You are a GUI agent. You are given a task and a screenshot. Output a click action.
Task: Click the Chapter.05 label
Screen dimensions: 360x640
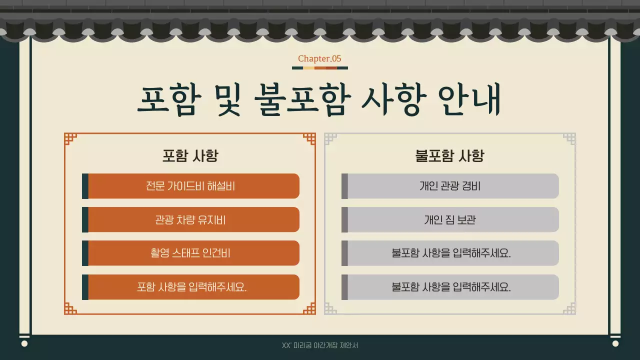point(319,58)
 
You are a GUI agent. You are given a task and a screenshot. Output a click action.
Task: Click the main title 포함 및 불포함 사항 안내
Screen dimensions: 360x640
point(319,100)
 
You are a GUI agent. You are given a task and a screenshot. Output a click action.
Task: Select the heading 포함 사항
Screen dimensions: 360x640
point(190,156)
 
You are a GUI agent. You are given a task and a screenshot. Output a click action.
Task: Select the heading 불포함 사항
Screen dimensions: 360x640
point(449,156)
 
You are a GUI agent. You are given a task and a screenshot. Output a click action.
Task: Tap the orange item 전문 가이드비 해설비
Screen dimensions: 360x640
point(190,186)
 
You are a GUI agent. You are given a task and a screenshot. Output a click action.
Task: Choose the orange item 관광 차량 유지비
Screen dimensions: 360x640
point(190,219)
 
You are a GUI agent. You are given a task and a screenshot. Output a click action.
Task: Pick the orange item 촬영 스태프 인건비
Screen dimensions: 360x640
point(190,253)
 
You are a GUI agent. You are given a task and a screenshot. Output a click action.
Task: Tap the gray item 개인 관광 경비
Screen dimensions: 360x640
point(450,186)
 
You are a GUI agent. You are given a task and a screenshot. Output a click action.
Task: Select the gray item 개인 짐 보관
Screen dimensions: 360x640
point(450,219)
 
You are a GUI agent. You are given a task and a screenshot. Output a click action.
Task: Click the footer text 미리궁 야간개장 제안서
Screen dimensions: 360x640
point(320,345)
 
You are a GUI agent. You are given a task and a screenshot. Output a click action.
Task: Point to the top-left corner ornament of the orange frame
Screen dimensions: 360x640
point(70,139)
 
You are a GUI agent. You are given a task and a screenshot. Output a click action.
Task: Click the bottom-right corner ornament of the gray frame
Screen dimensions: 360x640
point(569,308)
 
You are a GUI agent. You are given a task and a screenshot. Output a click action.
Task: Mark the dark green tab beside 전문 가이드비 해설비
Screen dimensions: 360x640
point(85,186)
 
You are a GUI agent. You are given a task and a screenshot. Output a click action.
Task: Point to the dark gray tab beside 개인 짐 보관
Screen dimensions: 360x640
point(344,219)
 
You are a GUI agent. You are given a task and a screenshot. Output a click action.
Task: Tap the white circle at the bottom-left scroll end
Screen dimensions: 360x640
point(24,343)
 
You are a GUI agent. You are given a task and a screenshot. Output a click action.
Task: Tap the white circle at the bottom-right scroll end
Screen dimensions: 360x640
point(615,343)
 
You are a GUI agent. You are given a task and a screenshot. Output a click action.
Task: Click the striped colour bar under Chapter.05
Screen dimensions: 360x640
point(319,68)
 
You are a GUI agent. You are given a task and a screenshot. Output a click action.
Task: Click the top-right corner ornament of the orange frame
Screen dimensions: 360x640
point(309,139)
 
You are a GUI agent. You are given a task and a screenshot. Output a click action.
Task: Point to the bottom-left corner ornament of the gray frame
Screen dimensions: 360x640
point(330,308)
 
